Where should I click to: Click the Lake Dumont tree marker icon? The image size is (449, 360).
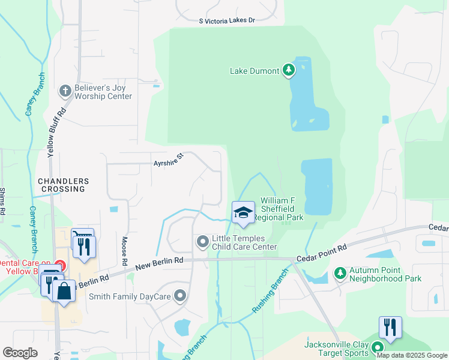(289, 71)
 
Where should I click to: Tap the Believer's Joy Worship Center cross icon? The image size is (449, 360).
(65, 91)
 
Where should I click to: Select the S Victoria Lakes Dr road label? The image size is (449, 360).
(228, 20)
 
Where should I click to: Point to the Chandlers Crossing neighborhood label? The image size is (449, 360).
(63, 185)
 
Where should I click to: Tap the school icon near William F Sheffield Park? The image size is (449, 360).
(243, 212)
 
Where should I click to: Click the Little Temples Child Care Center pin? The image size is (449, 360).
(202, 242)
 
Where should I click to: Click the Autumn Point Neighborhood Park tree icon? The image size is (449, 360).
(339, 274)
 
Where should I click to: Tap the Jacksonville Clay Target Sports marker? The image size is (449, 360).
(377, 348)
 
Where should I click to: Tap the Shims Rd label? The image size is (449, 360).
(2, 201)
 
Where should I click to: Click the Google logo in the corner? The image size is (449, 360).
(20, 353)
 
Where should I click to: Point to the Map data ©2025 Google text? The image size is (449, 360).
(411, 356)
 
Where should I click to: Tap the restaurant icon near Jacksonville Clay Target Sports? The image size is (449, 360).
(390, 327)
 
